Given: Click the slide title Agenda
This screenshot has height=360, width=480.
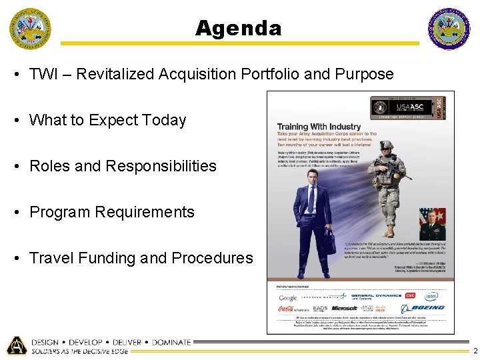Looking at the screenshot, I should pyautogui.click(x=239, y=28).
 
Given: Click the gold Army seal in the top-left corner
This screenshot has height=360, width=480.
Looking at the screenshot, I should pyautogui.click(x=29, y=29).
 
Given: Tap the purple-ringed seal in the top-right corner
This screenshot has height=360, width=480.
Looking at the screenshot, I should pyautogui.click(x=449, y=29).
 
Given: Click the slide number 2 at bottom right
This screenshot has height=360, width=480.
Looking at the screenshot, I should pyautogui.click(x=474, y=351).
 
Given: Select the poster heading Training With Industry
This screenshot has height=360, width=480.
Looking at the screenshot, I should pyautogui.click(x=319, y=127).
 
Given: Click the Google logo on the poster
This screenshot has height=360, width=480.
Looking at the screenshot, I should pyautogui.click(x=288, y=298).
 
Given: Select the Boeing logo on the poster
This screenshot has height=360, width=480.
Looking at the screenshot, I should pyautogui.click(x=426, y=308).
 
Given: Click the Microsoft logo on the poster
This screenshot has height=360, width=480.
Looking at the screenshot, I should pyautogui.click(x=345, y=309).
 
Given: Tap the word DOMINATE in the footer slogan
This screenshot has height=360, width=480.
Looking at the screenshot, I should pyautogui.click(x=171, y=342).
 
